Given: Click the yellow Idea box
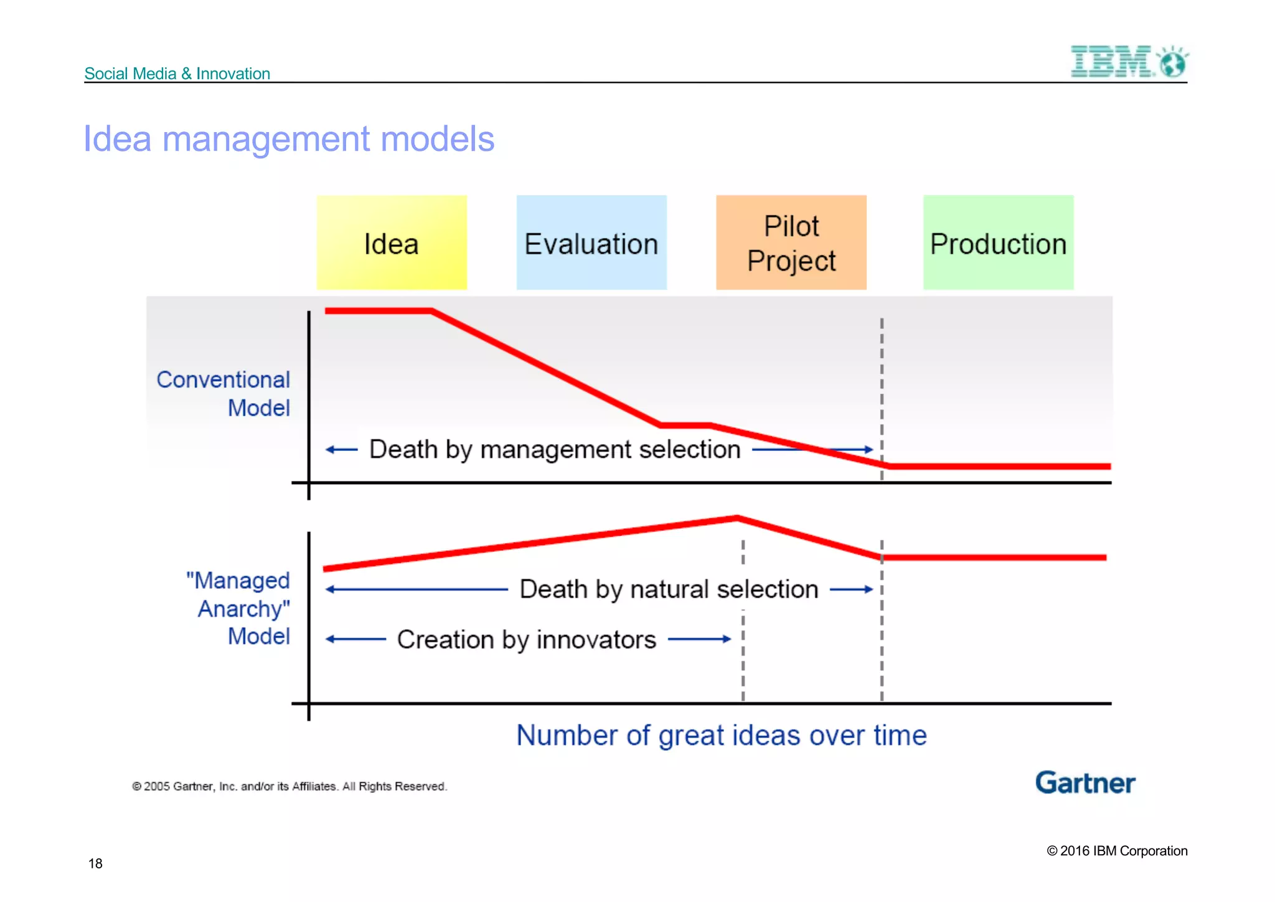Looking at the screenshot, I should [x=392, y=243].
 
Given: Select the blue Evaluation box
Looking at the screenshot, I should [x=591, y=243].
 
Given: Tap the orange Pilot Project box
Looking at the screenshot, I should [x=791, y=243].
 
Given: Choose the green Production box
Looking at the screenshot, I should [x=998, y=243].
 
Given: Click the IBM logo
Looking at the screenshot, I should [x=1128, y=62].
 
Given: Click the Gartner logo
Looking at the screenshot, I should [x=1085, y=783].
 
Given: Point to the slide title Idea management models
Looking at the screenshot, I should [x=289, y=139].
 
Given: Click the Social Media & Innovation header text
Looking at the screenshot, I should [x=177, y=74].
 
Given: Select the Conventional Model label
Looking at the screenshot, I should [x=224, y=394].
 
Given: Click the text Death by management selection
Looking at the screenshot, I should [x=555, y=449].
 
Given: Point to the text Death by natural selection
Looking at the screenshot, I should [x=669, y=589].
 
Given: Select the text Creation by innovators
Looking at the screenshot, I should [x=527, y=640].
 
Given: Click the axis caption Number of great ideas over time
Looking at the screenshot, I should [x=722, y=736].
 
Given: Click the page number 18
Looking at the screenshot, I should [x=95, y=863].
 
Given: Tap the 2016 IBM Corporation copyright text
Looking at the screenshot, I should [x=1117, y=851].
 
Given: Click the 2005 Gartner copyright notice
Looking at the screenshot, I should [x=289, y=787].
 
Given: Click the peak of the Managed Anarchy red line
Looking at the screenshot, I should [x=737, y=518].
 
